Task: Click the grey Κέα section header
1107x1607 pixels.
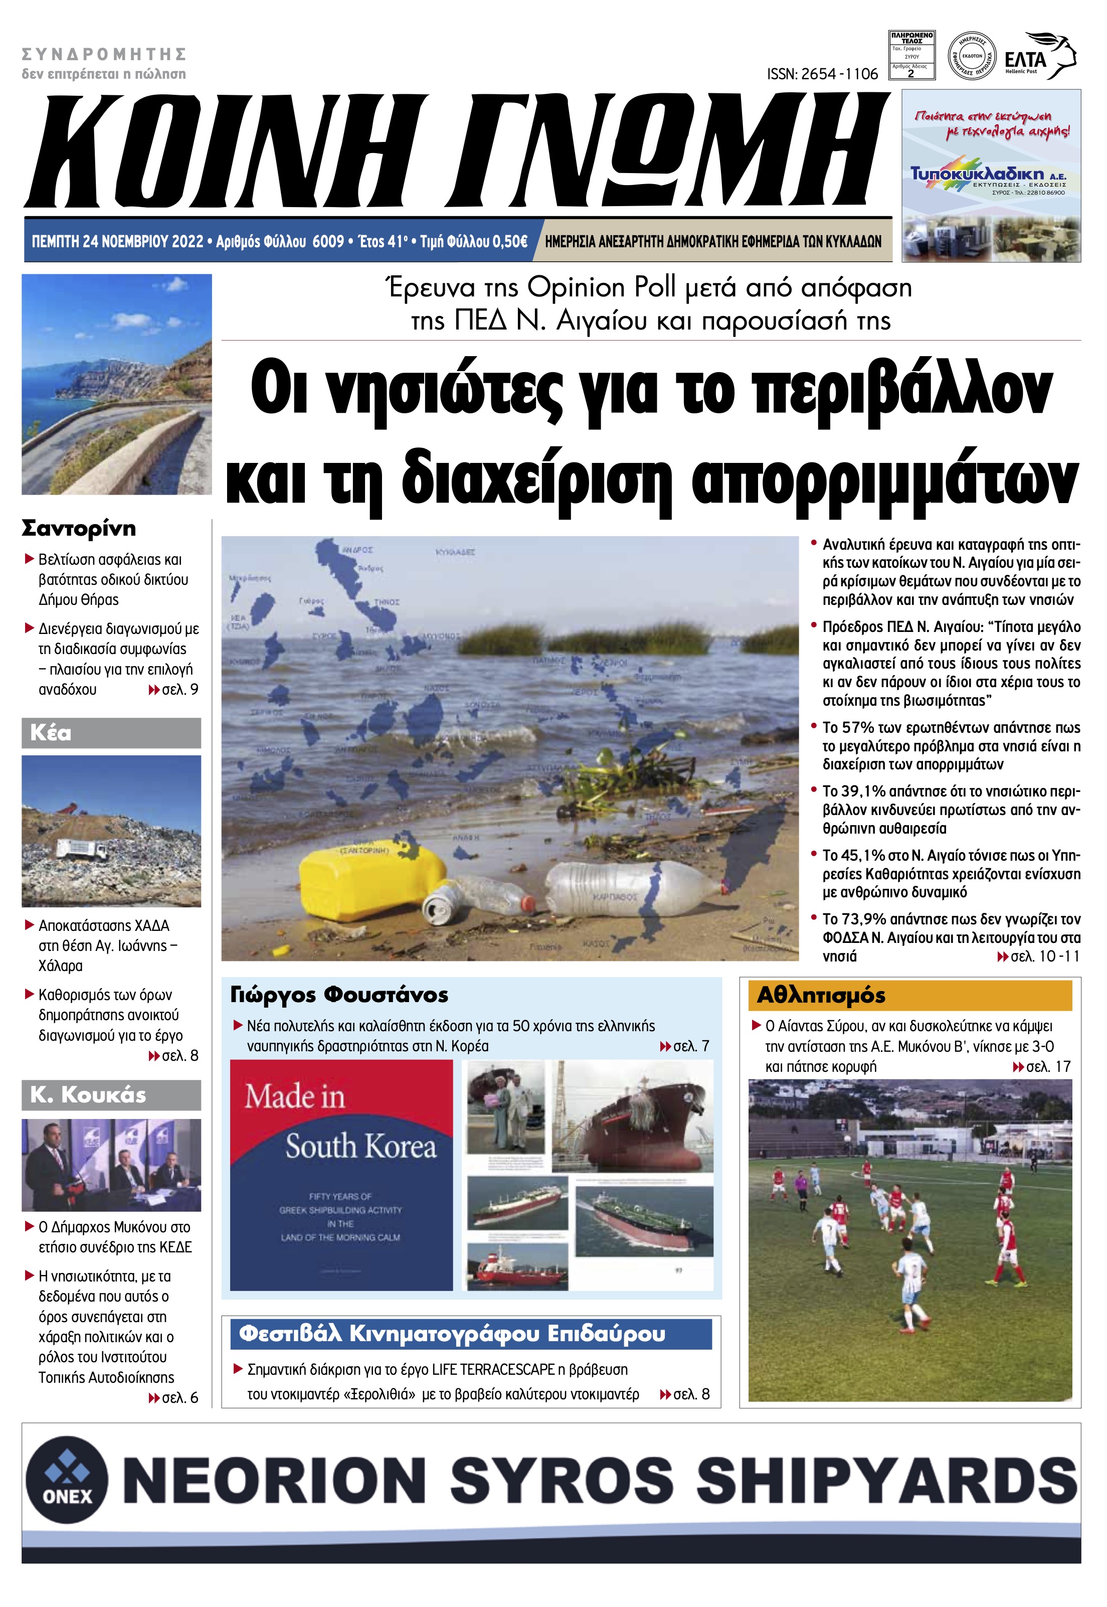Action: pyautogui.click(x=111, y=733)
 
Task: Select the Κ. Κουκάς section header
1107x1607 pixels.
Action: pyautogui.click(x=111, y=1095)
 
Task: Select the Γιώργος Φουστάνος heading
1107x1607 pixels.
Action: pyautogui.click(x=339, y=995)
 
